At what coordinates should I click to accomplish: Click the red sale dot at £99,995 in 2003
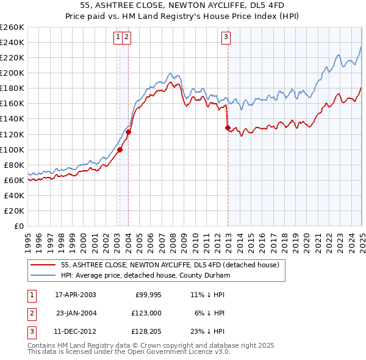[120, 149]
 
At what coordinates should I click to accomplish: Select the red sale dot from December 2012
[228, 128]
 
